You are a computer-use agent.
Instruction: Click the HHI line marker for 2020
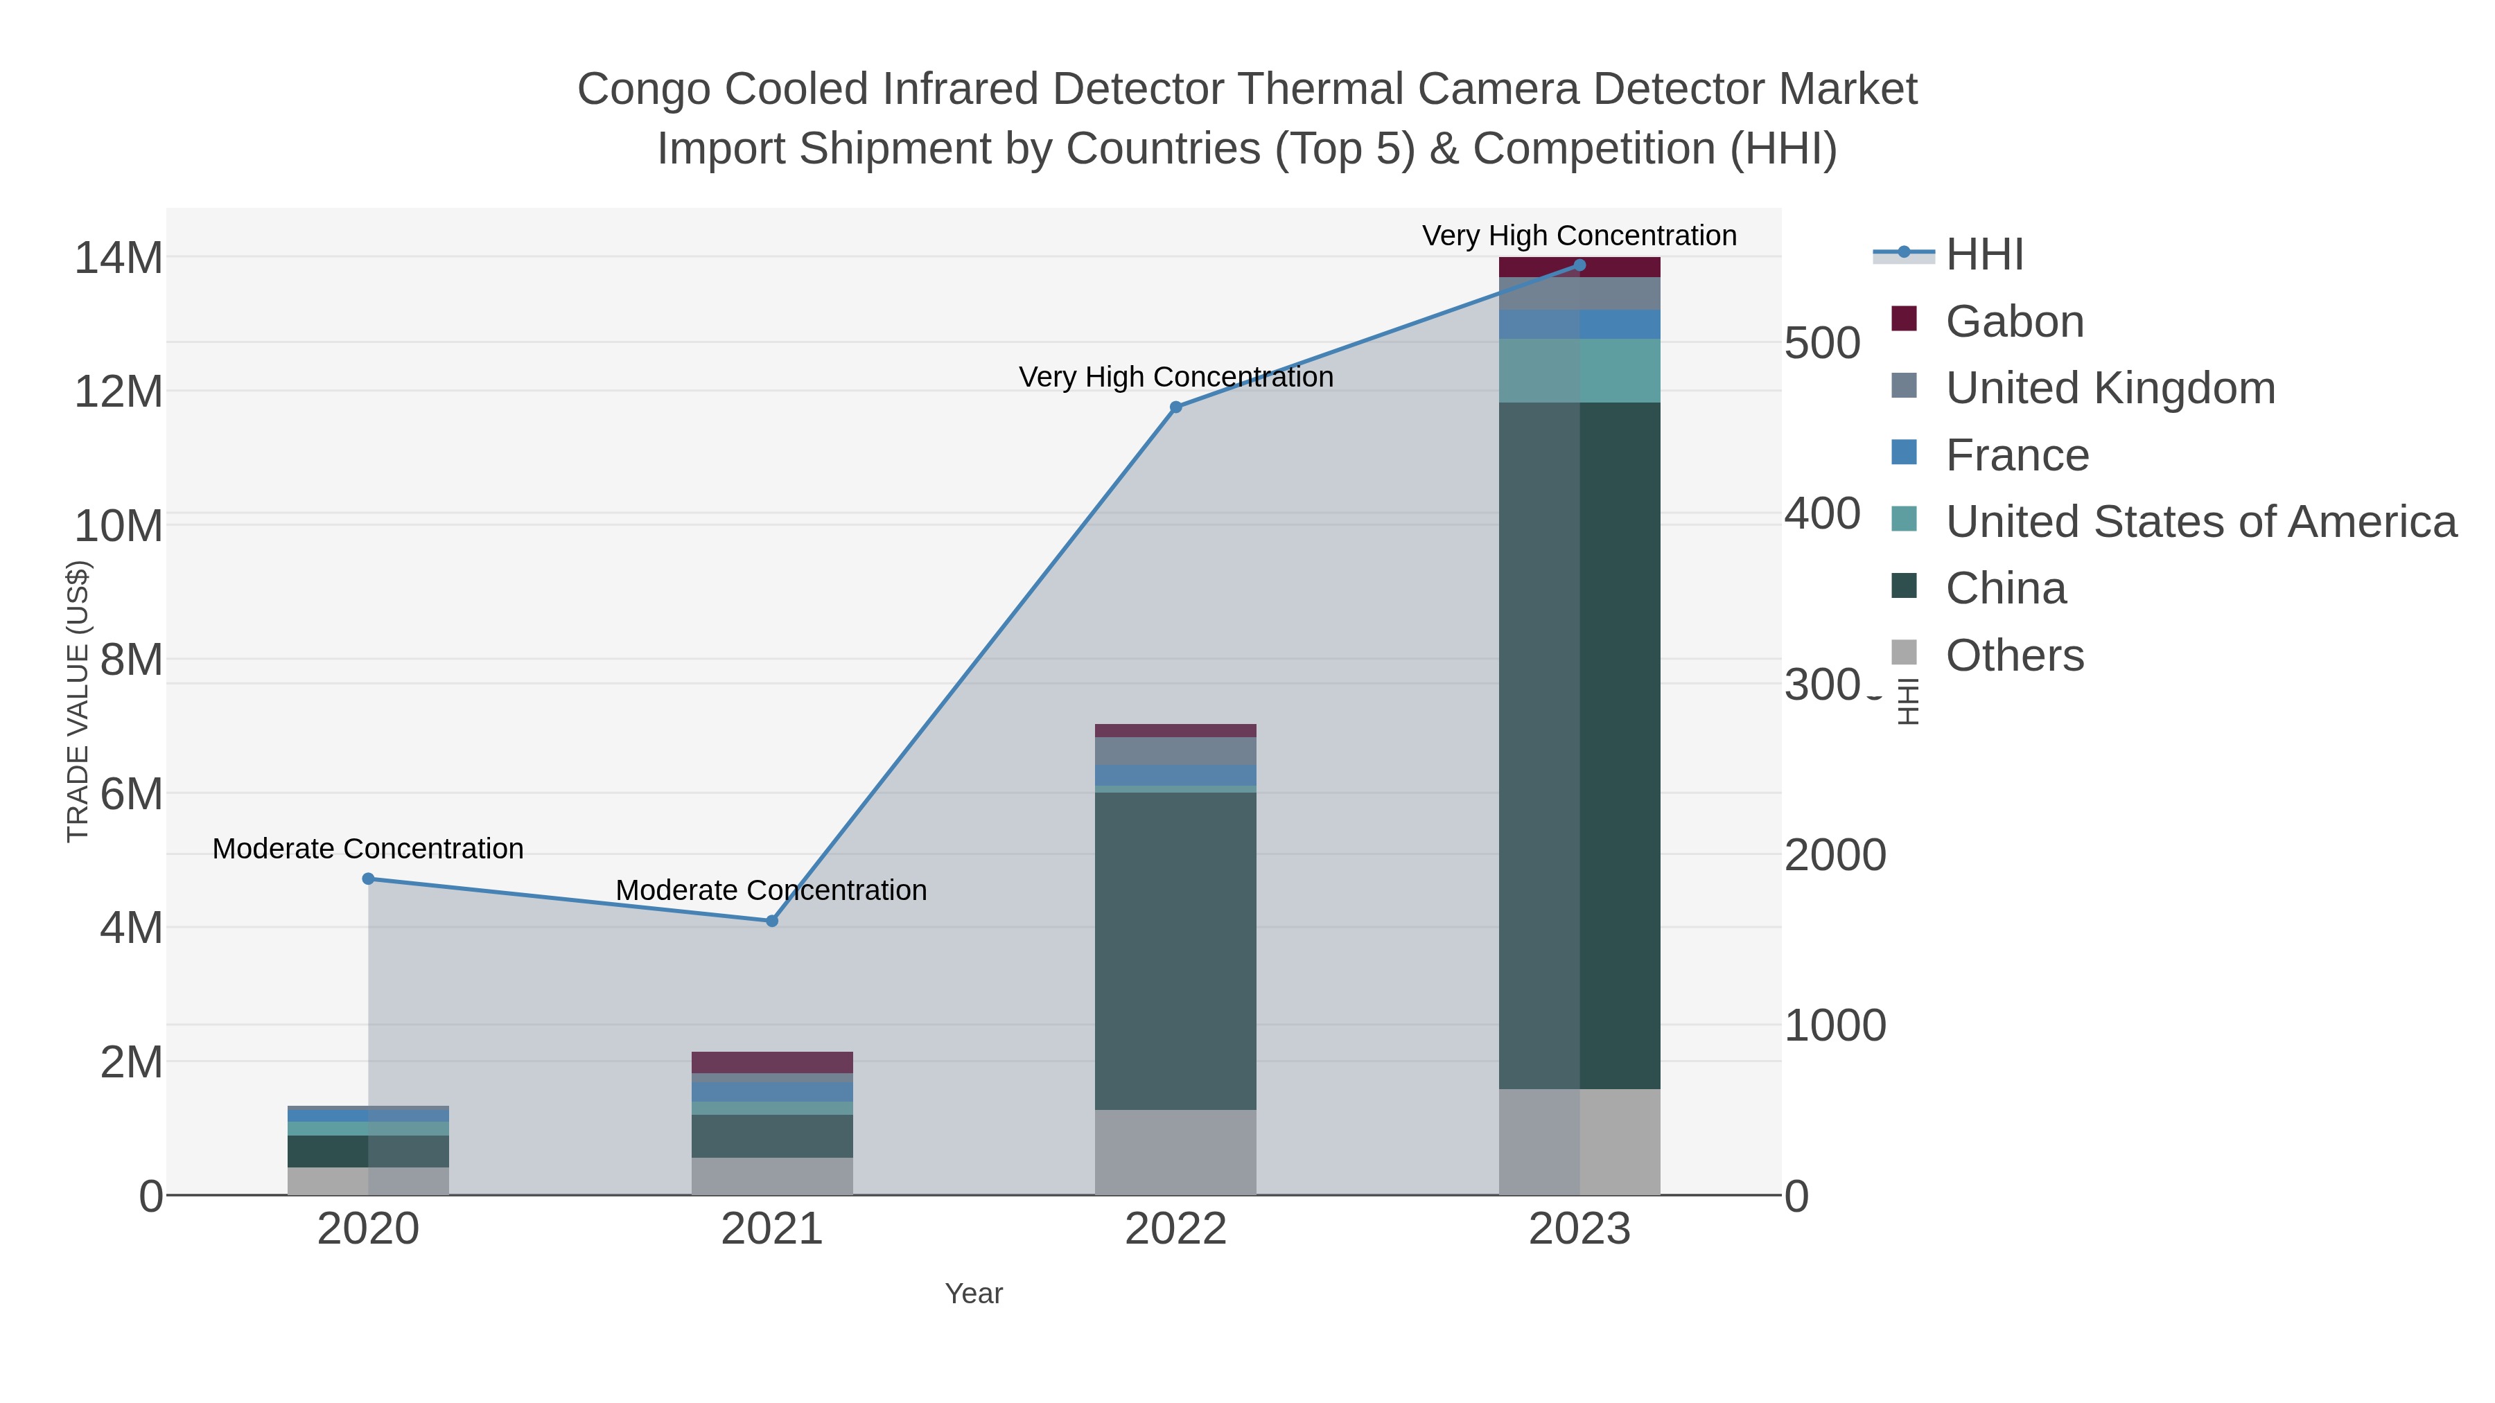coord(368,879)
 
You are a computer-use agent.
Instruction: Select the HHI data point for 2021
coord(772,921)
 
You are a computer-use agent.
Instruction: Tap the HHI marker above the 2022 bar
coord(1176,407)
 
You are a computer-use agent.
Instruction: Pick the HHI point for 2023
coord(1579,265)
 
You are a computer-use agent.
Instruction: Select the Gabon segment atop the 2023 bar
coord(1579,268)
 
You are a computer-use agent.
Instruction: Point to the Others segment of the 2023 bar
coord(1579,1142)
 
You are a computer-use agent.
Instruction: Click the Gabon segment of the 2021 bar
coord(772,1062)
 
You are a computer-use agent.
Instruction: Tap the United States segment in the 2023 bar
coord(1579,371)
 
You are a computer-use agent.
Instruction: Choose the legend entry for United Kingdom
coord(2110,388)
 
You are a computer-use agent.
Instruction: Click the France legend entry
coord(2017,455)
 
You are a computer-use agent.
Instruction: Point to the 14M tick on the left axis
coord(118,258)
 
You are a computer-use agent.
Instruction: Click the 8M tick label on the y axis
coord(131,660)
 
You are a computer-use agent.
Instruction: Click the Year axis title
coord(974,1294)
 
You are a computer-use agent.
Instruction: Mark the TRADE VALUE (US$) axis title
coord(78,701)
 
